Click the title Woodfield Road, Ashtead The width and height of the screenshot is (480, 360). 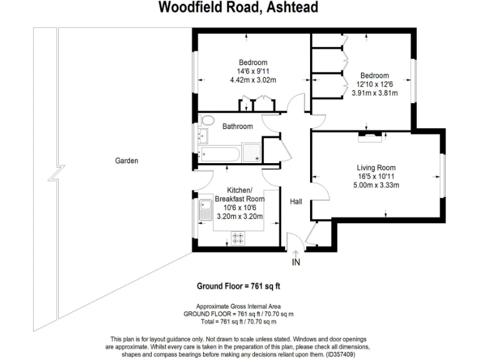[x=238, y=7]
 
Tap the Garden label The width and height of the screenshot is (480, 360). [x=126, y=161]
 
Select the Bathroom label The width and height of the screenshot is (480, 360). [x=237, y=127]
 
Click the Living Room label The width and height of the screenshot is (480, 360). [x=376, y=167]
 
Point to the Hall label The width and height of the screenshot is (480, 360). [x=296, y=202]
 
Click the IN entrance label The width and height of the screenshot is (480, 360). [x=296, y=262]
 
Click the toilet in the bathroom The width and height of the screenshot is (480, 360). [x=207, y=121]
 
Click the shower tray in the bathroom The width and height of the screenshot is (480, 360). [x=252, y=152]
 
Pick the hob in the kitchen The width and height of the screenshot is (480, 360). [x=238, y=237]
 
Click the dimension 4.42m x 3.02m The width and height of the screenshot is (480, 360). [x=253, y=80]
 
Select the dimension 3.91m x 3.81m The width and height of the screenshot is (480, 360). [x=374, y=93]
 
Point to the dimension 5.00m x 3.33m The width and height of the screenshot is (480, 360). [x=376, y=185]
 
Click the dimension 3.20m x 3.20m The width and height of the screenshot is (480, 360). [x=239, y=217]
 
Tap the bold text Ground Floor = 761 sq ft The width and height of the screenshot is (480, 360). [x=238, y=287]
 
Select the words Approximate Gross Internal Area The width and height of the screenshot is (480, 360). [x=238, y=306]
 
